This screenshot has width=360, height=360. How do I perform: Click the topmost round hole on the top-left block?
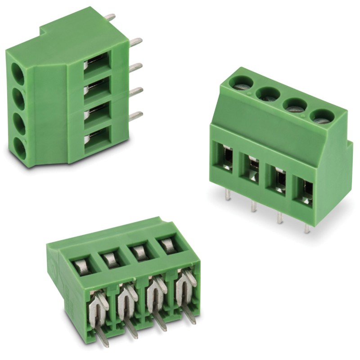click(x=18, y=72)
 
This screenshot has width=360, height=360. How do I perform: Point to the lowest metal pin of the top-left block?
click(x=135, y=116)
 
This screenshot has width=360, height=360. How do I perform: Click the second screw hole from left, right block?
click(x=267, y=94)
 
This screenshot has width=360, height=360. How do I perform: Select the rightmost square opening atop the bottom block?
click(x=168, y=245)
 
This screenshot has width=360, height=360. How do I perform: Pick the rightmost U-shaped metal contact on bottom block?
click(x=184, y=286)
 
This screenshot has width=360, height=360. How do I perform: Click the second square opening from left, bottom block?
click(x=112, y=259)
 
